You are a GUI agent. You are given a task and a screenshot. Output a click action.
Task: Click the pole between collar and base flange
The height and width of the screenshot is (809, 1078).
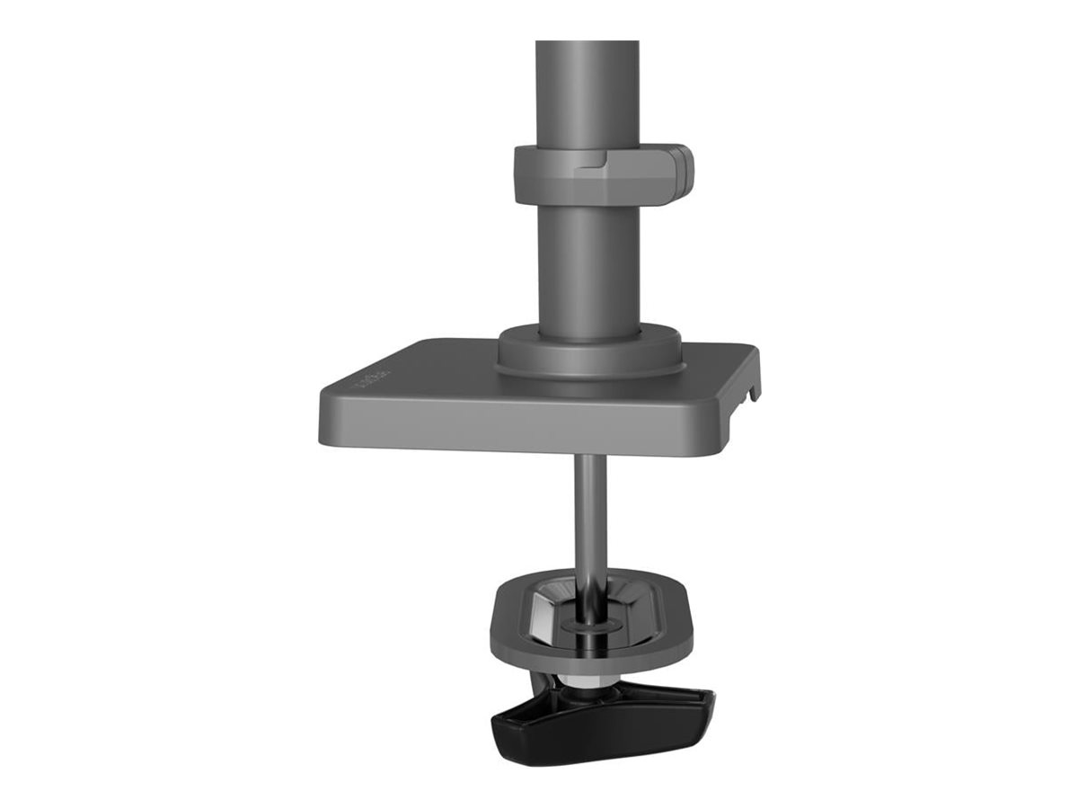click(586, 261)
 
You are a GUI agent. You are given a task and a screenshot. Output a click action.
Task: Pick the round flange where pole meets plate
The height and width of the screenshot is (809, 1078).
click(589, 352)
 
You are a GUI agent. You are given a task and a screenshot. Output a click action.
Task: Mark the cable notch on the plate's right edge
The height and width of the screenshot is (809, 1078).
click(751, 391)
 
